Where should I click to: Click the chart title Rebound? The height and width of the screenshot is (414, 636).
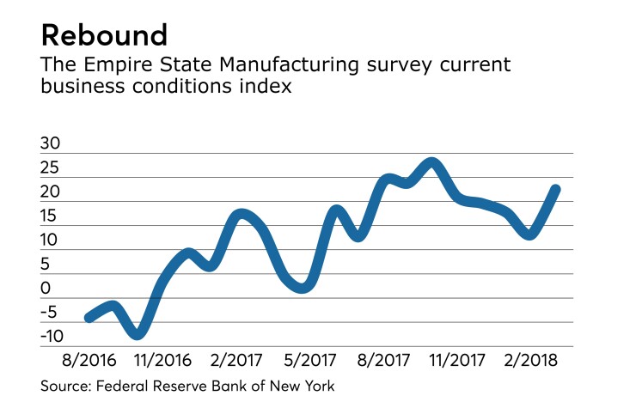click(103, 36)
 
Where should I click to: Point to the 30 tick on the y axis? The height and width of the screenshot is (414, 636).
click(51, 144)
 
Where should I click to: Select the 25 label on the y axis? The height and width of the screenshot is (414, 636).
click(51, 168)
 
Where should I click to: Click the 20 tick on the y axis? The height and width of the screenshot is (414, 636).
click(51, 192)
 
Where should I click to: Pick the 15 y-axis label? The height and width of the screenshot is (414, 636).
click(51, 216)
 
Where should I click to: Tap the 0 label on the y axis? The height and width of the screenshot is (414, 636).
click(46, 289)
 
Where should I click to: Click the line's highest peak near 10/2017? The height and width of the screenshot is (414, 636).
click(432, 163)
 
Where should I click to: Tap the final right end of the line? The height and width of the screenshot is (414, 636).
click(556, 190)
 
